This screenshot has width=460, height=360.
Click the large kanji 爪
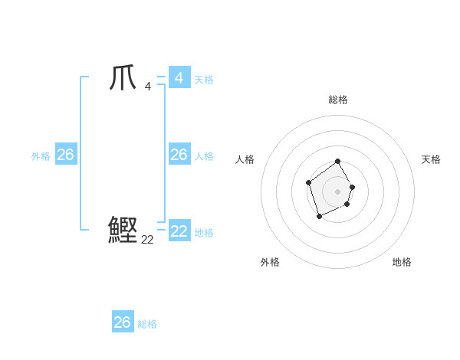(x=123, y=78)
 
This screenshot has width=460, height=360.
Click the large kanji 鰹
(x=123, y=230)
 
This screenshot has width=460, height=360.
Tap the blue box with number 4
(x=179, y=77)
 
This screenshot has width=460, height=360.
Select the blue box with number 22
(x=179, y=231)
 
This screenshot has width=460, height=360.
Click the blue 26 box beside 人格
(x=179, y=155)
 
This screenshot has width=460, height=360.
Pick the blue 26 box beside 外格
(x=65, y=155)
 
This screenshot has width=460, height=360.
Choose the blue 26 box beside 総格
(x=123, y=322)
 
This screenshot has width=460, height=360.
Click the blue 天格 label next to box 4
(x=204, y=80)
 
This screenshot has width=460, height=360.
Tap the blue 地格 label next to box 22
(x=205, y=233)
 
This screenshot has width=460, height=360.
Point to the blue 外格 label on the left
(x=41, y=156)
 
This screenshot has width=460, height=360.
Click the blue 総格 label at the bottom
(x=147, y=324)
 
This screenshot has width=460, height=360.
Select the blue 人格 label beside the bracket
(x=204, y=156)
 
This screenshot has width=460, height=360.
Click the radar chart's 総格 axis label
(x=338, y=100)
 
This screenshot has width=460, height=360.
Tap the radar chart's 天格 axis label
(x=432, y=159)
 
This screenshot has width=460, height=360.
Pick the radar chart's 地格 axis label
(x=402, y=262)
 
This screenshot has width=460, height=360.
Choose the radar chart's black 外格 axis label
(x=270, y=262)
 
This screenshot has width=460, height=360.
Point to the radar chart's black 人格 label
(x=245, y=159)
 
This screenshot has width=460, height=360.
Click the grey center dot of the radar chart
(x=338, y=191)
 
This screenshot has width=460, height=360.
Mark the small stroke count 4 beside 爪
(x=147, y=86)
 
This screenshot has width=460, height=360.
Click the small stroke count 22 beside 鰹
(x=148, y=239)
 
